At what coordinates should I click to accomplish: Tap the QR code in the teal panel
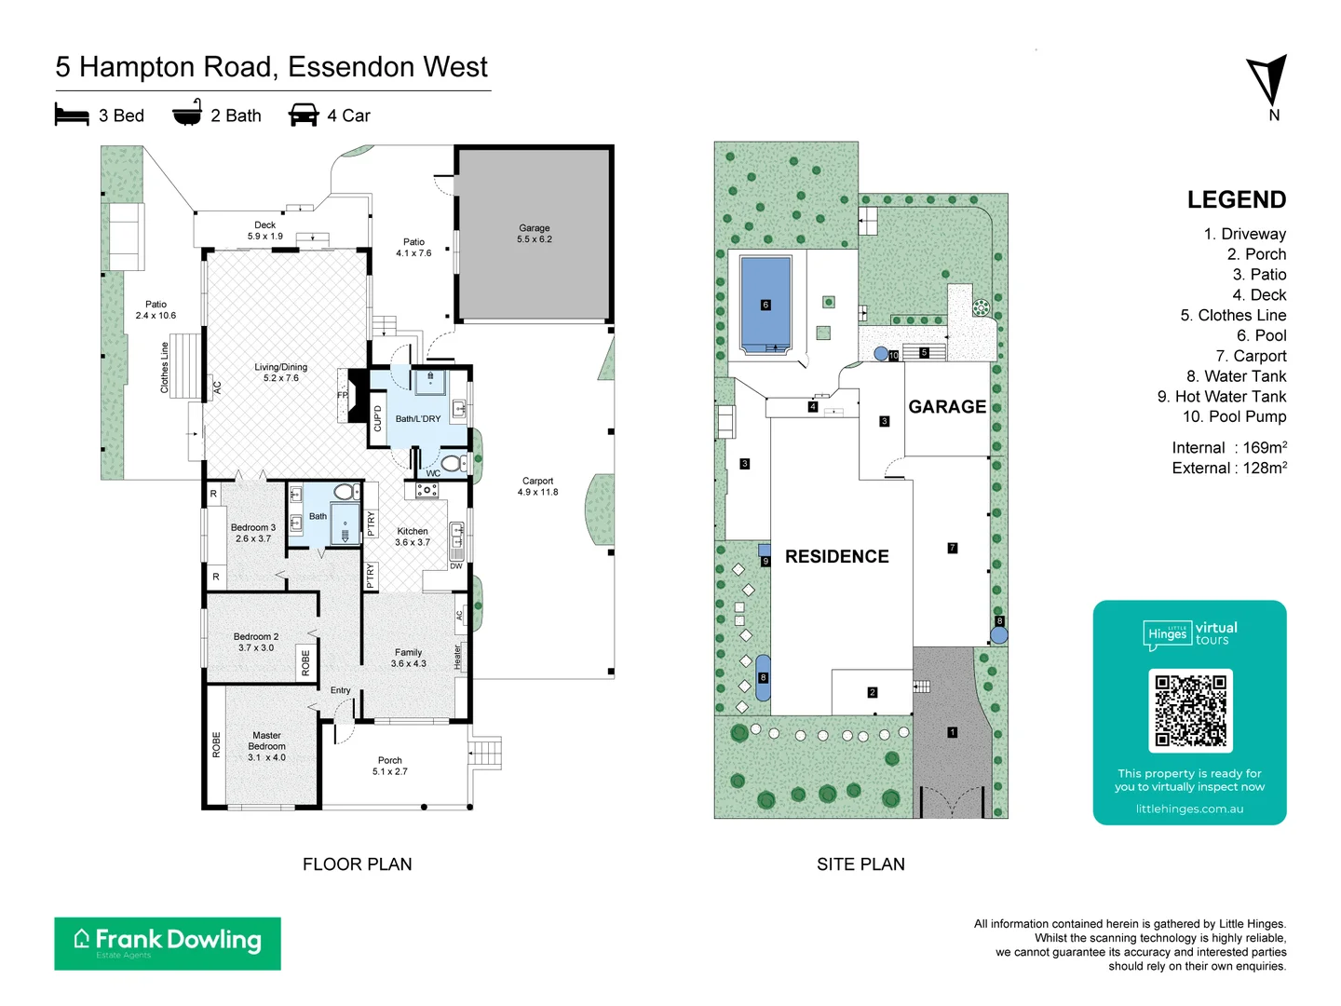coord(1190,711)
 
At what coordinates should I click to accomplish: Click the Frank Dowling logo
coord(168,943)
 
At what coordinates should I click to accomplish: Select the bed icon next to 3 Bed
coord(72,116)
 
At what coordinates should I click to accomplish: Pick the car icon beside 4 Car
coord(304,116)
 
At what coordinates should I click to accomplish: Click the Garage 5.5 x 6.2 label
coord(535,234)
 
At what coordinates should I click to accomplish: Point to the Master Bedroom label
coord(266,746)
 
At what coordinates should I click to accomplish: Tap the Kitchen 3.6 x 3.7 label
coord(413,537)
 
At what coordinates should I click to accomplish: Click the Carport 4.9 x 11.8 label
coord(537,486)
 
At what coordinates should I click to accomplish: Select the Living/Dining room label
coord(280,373)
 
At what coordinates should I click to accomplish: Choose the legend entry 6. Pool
coord(1261,335)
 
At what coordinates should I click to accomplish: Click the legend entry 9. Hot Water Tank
coord(1221,397)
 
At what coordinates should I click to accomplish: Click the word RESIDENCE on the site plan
coord(836,556)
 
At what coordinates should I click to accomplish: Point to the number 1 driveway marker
coord(952,732)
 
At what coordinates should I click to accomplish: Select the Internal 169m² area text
coord(1228,448)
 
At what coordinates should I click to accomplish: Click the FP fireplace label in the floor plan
coord(342,396)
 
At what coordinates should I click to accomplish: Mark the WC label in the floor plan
coord(433,473)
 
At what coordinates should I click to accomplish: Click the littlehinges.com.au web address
coord(1189,809)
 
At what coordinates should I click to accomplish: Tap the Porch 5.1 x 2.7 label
coord(390,766)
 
